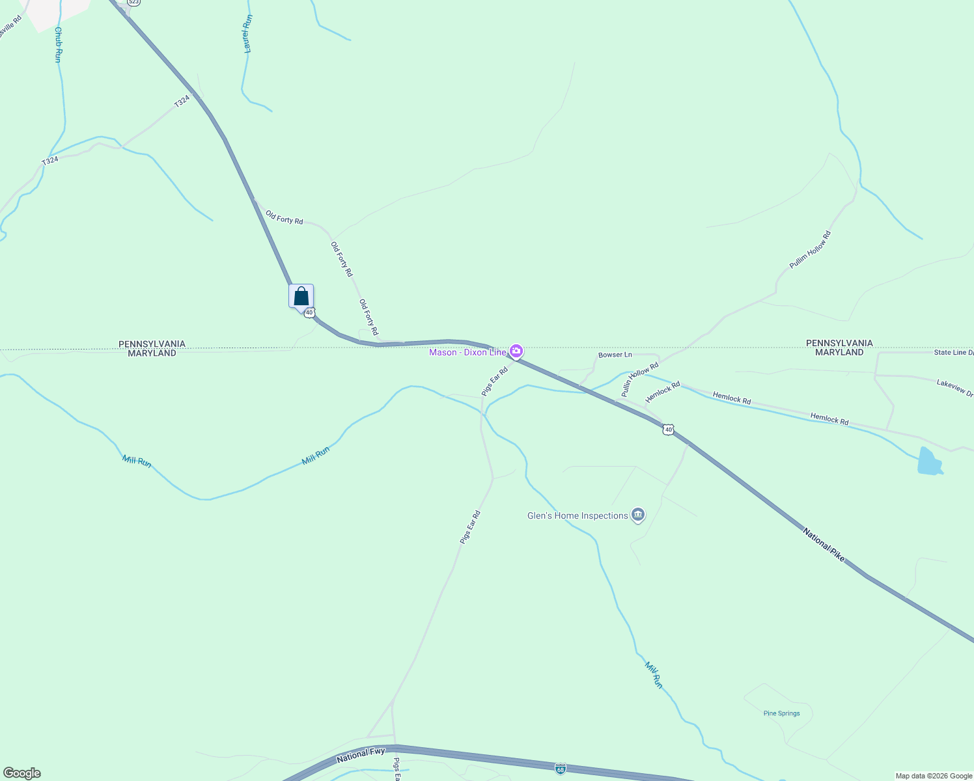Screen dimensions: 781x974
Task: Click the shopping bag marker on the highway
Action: pos(301,296)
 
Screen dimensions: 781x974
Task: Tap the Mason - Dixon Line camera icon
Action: pos(516,351)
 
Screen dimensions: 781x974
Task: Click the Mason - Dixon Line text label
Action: pos(467,352)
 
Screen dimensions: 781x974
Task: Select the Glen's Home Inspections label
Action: pos(577,515)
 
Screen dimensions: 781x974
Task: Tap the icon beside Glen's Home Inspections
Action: pos(638,515)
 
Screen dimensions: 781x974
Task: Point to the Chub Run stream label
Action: pos(59,44)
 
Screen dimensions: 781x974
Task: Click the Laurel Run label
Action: pos(247,34)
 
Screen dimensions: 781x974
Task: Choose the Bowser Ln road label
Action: pos(615,355)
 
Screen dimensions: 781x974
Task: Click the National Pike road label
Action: pos(824,545)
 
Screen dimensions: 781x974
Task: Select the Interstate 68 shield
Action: pos(561,769)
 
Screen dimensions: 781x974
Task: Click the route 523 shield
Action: pos(133,3)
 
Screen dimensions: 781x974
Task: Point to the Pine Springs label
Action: pos(781,713)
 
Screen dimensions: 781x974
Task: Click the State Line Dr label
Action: pos(953,353)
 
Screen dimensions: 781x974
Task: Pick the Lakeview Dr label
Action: pos(954,388)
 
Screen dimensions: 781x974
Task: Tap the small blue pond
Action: pos(929,461)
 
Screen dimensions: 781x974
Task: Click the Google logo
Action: pos(22,773)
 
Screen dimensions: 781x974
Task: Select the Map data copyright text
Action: pos(934,776)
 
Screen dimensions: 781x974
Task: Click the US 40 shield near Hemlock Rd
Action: pos(668,430)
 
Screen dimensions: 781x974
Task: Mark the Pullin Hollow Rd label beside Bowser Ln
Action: pos(639,379)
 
